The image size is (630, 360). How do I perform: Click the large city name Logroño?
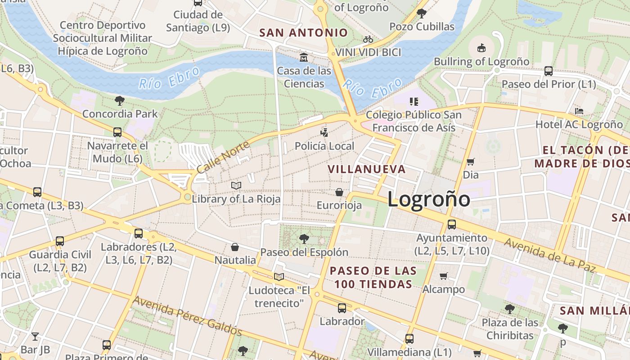(x=428, y=199)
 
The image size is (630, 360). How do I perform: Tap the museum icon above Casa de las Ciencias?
(x=304, y=58)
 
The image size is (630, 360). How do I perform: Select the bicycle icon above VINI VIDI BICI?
(x=368, y=39)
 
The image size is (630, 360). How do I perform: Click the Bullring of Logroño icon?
(x=481, y=47)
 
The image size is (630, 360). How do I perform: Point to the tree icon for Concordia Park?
(x=120, y=100)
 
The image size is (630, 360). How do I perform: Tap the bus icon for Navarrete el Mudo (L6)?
(x=117, y=132)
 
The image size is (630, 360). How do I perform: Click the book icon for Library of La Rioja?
(x=236, y=185)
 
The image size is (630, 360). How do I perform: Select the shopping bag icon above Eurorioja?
(x=339, y=192)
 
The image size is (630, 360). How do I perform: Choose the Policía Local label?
(x=324, y=146)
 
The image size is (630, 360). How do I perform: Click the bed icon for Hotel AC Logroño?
(x=579, y=111)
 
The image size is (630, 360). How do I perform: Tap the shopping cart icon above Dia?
(x=471, y=162)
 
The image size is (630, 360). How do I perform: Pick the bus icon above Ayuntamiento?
(x=452, y=224)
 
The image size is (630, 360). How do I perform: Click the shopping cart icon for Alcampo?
(x=444, y=276)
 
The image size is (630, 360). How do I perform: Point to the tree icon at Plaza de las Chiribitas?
(x=510, y=309)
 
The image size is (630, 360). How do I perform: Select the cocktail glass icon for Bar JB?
(x=35, y=336)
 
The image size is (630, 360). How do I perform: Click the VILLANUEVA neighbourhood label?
(x=366, y=169)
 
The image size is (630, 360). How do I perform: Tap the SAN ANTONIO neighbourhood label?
(x=304, y=32)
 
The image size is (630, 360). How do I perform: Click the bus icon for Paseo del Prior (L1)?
(x=549, y=71)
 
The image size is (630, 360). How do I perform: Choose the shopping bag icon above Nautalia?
(x=235, y=247)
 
